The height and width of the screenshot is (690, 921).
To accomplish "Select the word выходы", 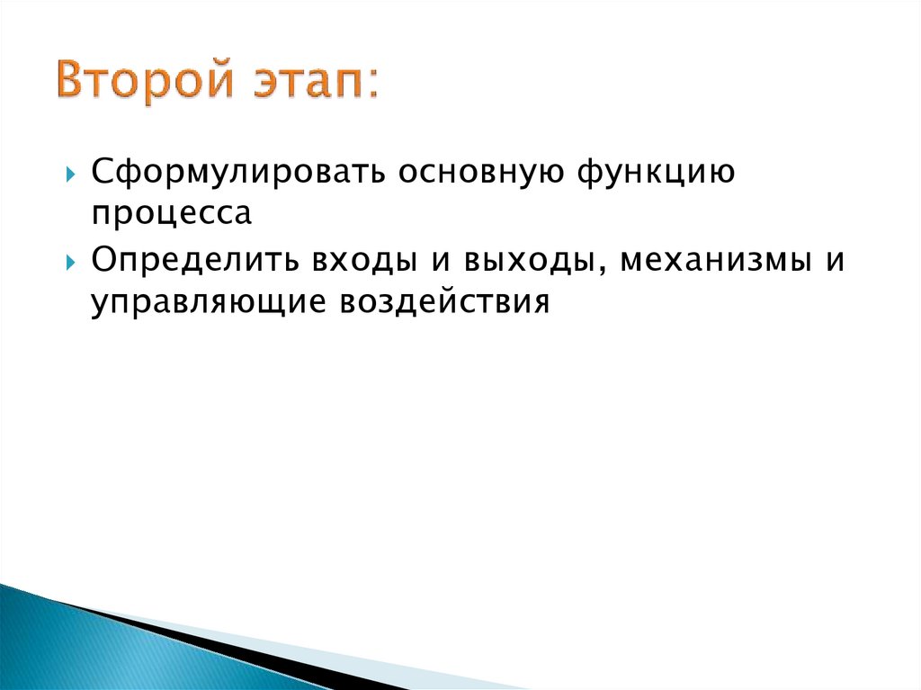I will (x=523, y=261).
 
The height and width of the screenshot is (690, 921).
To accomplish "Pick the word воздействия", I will (x=443, y=303).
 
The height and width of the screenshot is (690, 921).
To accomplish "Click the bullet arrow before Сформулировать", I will (x=71, y=173).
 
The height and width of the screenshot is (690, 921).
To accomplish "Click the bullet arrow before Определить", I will (x=71, y=263).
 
